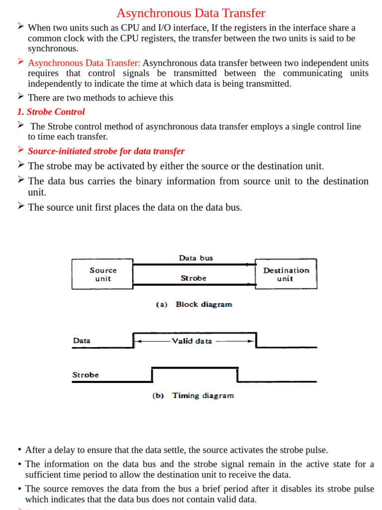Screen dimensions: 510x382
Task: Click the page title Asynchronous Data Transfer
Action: click(191, 13)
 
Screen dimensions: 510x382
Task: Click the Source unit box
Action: click(102, 274)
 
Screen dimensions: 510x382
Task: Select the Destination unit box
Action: click(286, 274)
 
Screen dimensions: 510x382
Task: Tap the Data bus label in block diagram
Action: click(195, 258)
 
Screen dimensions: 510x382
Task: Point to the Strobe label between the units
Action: click(193, 278)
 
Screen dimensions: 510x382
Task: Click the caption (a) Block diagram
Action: click(194, 304)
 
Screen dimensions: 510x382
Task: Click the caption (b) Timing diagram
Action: click(193, 395)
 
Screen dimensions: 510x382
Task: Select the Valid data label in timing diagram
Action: click(192, 341)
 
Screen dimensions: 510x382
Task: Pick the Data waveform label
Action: click(82, 341)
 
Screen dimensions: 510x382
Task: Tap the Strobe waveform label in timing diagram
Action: click(86, 375)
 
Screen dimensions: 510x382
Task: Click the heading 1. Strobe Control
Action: click(51, 112)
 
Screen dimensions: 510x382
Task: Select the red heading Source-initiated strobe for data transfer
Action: click(106, 151)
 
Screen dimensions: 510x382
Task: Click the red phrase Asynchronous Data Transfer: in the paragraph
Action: click(84, 63)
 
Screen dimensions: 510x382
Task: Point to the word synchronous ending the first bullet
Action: click(53, 49)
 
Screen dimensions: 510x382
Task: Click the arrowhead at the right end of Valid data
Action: click(251, 341)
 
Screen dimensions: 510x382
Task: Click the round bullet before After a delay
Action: click(19, 450)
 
